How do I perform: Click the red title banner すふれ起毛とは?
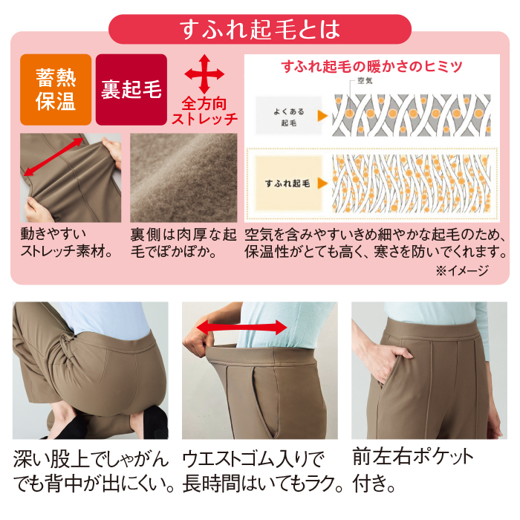pos(260,29)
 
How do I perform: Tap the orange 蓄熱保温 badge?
pos(56,90)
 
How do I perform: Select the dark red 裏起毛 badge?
pos(131,90)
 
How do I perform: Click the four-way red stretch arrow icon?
pos(204,74)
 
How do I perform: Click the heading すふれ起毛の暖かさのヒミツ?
pos(371,66)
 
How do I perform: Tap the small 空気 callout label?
pos(365,80)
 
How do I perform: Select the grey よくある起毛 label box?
pos(288,116)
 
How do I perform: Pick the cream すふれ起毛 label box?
pos(288,183)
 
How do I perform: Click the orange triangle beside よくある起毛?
pos(322,116)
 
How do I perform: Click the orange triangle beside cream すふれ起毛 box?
pos(322,183)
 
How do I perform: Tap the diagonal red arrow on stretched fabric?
pos(53,157)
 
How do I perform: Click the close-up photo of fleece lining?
pos(183,178)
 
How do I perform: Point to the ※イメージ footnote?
pos(462,270)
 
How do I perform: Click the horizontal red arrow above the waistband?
pos(241,328)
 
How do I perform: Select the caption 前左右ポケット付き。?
pos(413,470)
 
